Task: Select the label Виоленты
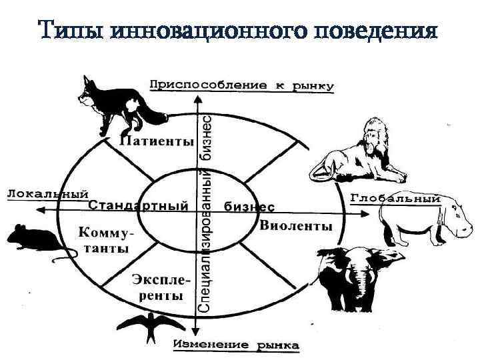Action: click(295, 225)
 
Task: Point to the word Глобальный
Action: click(395, 198)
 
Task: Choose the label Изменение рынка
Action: click(237, 345)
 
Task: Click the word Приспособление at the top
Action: click(200, 85)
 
